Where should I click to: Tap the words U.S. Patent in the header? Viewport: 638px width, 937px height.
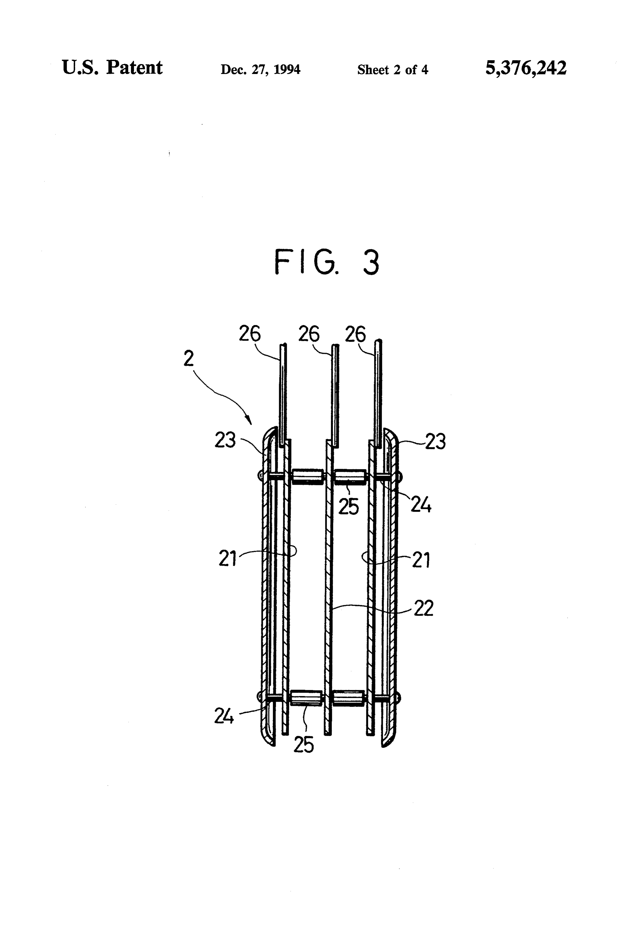[112, 67]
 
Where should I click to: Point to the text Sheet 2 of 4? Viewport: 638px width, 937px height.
[392, 70]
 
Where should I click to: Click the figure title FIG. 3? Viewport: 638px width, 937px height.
[327, 262]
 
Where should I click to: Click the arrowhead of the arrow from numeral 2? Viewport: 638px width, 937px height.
[249, 420]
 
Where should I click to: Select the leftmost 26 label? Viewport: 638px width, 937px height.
[250, 334]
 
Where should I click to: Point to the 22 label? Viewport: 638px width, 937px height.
[423, 608]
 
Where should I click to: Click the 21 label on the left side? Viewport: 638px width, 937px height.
[227, 559]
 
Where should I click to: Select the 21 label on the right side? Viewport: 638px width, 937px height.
[421, 560]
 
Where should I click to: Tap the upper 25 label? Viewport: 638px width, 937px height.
[348, 507]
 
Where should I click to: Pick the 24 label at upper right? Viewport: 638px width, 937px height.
[421, 505]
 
